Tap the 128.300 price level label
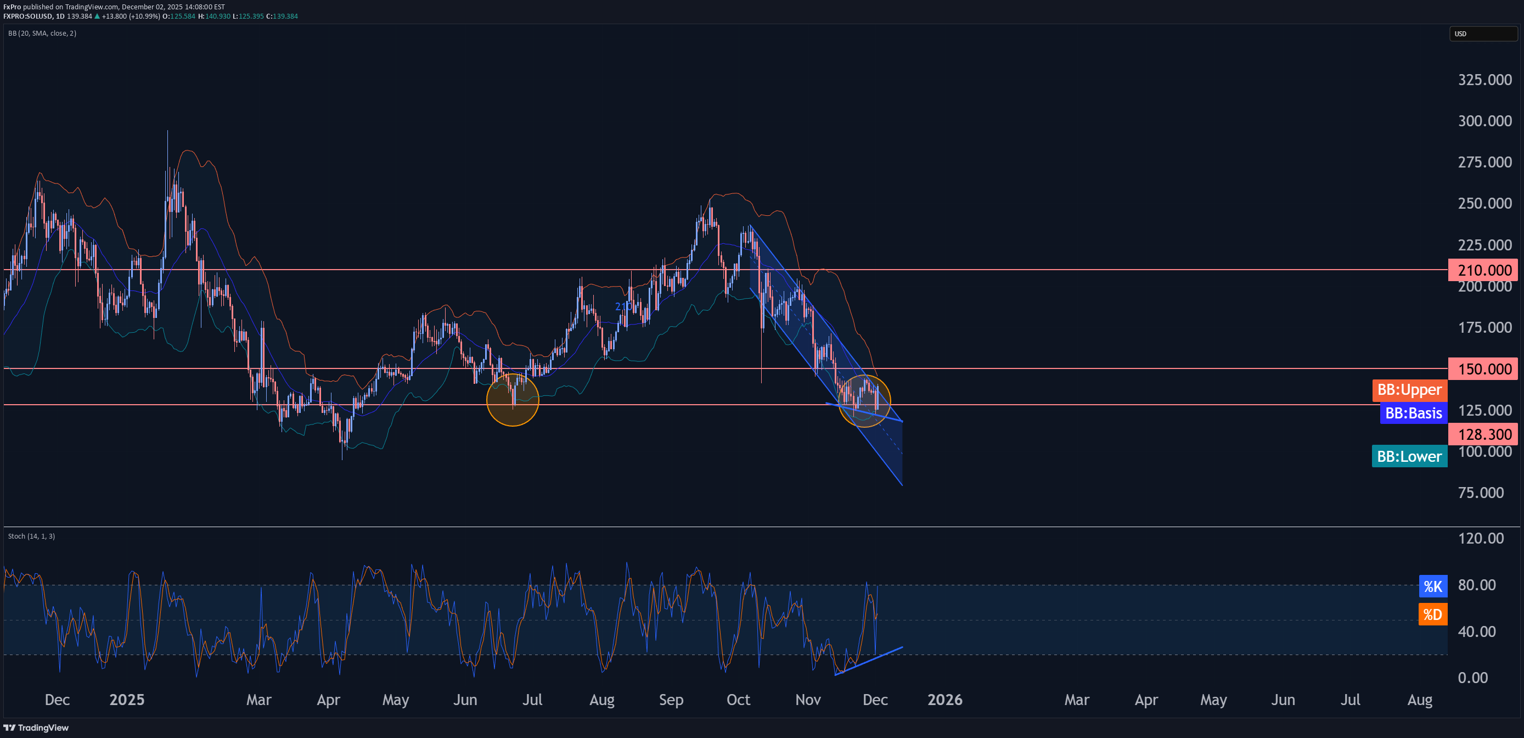pyautogui.click(x=1484, y=434)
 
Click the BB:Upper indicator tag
pyautogui.click(x=1409, y=390)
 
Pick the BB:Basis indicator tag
pyautogui.click(x=1413, y=413)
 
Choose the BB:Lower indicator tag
pyautogui.click(x=1409, y=456)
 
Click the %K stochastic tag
pyautogui.click(x=1432, y=586)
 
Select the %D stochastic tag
pyautogui.click(x=1432, y=614)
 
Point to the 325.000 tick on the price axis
pyautogui.click(x=1484, y=80)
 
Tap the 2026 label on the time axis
pyautogui.click(x=945, y=700)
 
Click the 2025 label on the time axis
pyautogui.click(x=127, y=700)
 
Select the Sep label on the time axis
pyautogui.click(x=671, y=700)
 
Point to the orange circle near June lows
pyautogui.click(x=513, y=400)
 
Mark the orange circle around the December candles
pyautogui.click(x=864, y=401)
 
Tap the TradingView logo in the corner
pyautogui.click(x=36, y=728)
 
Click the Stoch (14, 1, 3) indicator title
pyautogui.click(x=31, y=536)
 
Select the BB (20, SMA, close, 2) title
pyautogui.click(x=42, y=33)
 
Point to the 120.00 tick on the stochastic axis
pyautogui.click(x=1480, y=538)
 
